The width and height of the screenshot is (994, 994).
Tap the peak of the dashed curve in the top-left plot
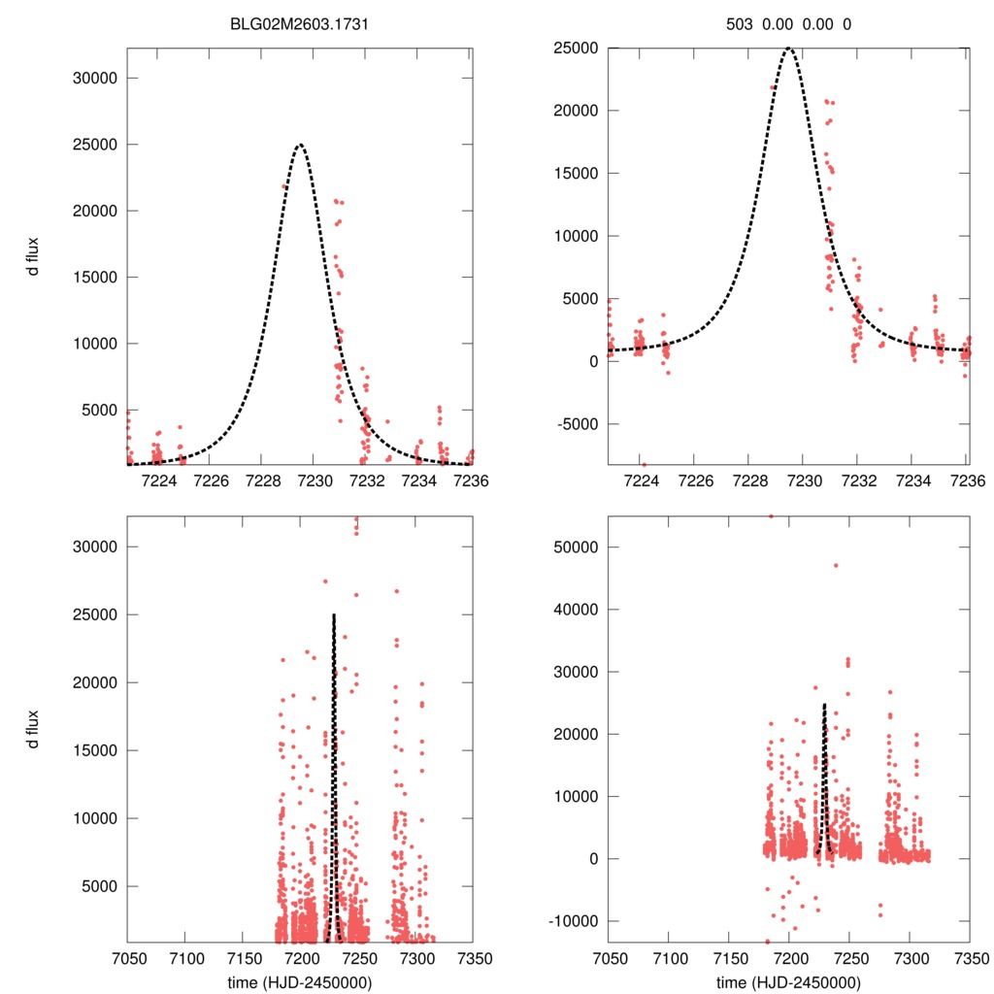[x=300, y=145]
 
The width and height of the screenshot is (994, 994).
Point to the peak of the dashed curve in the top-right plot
[x=789, y=48]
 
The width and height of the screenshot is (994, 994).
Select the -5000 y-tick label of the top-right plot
[x=578, y=423]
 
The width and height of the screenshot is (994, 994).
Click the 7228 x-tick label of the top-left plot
[x=263, y=480]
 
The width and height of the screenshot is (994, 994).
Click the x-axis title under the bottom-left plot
[x=300, y=980]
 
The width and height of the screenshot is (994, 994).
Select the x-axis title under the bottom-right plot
[x=789, y=980]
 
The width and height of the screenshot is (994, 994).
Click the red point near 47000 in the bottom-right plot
[x=835, y=565]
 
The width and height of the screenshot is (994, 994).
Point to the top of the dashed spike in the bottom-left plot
[x=334, y=615]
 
